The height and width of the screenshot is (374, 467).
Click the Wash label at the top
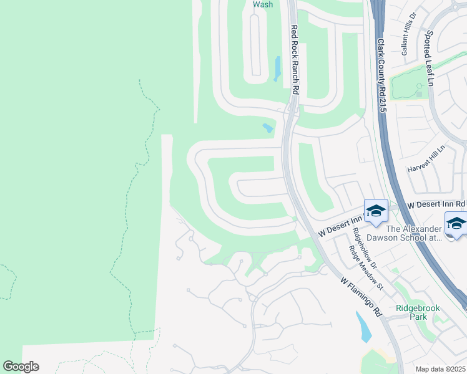click(x=263, y=4)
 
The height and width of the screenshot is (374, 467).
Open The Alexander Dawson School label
click(x=409, y=233)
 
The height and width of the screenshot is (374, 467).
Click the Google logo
click(x=21, y=367)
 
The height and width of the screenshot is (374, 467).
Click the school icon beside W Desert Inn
click(x=376, y=211)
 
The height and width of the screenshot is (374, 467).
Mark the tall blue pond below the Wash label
click(x=277, y=69)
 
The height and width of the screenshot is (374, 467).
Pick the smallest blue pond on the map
click(x=268, y=128)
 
